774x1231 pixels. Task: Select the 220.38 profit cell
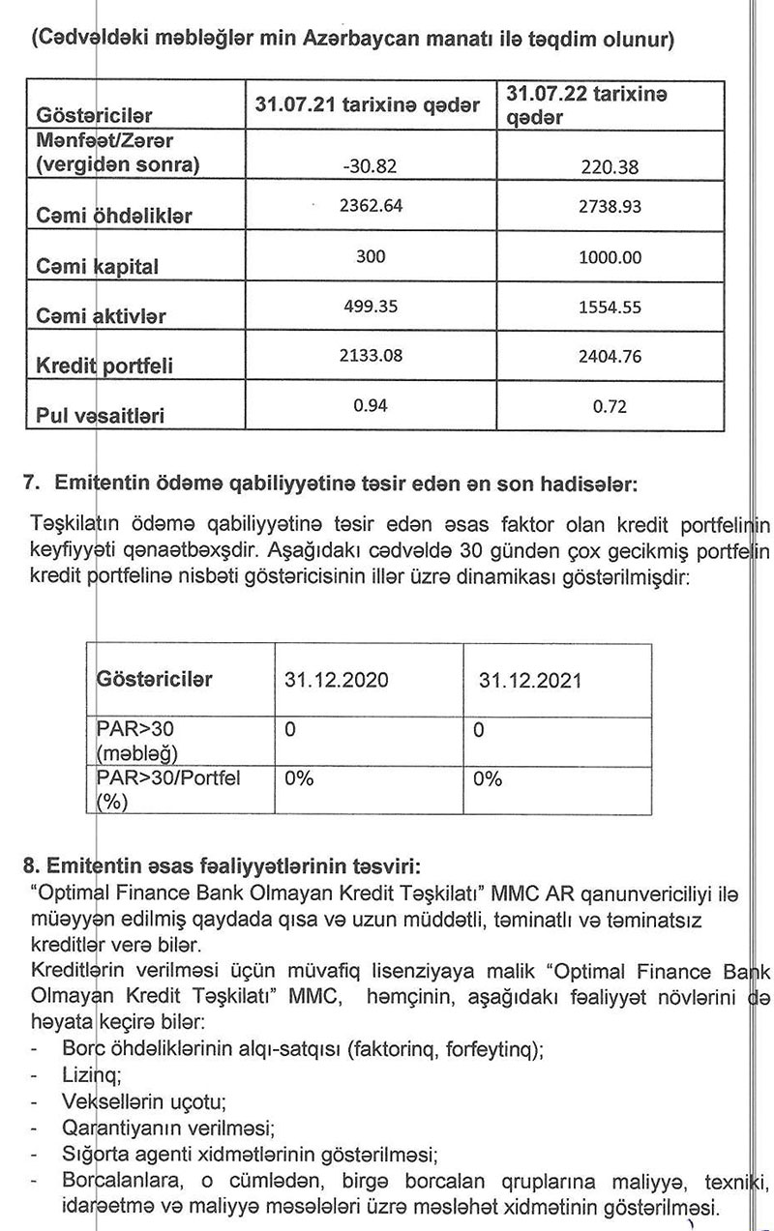610,167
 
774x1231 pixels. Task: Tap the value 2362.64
371,206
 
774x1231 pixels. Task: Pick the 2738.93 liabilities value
610,207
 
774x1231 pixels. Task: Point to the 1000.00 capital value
610,258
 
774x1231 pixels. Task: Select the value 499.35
371,307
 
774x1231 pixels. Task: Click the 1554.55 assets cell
610,308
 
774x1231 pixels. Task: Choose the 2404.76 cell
610,358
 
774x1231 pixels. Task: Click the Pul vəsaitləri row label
99,418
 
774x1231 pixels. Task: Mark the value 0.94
371,405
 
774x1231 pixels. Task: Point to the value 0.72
610,407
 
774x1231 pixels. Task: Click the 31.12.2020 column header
337,679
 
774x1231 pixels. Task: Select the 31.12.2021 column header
530,680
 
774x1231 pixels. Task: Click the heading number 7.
30,481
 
